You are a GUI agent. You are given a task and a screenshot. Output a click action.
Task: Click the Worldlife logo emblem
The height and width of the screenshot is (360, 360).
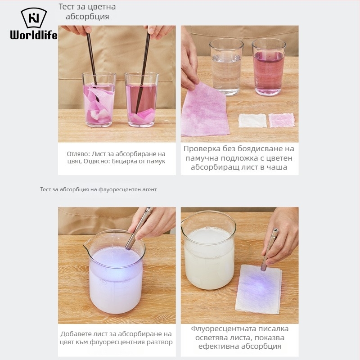(x=34, y=18)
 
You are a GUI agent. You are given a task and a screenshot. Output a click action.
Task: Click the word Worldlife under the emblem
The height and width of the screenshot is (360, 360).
(x=34, y=35)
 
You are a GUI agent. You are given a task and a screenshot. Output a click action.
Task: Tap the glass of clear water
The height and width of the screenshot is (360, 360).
(x=226, y=67)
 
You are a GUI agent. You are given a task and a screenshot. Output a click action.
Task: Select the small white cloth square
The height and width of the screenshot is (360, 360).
(x=252, y=121)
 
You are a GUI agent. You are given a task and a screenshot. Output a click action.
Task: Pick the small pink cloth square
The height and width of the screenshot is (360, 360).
(x=282, y=120)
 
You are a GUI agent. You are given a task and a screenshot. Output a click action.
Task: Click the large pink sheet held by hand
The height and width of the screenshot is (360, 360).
(x=204, y=110)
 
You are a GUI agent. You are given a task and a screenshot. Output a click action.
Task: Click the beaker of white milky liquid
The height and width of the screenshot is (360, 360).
(x=209, y=251)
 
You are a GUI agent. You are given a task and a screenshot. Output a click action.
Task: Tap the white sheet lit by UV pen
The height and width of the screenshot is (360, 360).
(x=258, y=289)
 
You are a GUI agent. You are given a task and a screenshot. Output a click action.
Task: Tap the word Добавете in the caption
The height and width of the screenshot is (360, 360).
(x=76, y=334)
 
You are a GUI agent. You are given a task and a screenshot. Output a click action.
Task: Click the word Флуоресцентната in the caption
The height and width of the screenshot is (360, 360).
(x=223, y=329)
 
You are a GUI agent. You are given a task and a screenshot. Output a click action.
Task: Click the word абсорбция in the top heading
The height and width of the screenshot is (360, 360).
(x=87, y=17)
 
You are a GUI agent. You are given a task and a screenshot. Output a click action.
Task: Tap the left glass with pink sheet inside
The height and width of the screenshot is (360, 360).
(x=99, y=99)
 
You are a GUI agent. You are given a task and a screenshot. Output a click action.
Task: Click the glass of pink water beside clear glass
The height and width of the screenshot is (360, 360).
(x=268, y=67)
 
